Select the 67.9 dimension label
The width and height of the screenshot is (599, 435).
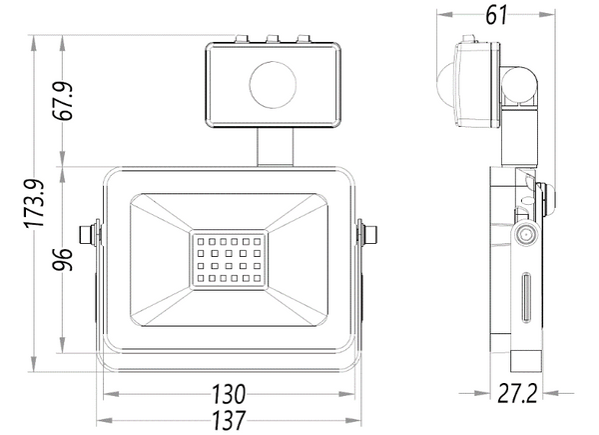[67, 99]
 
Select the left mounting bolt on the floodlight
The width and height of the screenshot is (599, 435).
[89, 234]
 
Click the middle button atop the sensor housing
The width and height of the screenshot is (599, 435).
[273, 40]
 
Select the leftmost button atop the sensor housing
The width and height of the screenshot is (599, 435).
[241, 40]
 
